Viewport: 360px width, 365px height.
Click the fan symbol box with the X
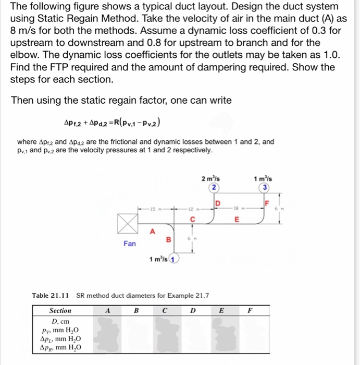point(126,223)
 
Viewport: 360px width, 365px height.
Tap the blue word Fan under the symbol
point(130,243)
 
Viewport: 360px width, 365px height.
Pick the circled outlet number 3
point(266,188)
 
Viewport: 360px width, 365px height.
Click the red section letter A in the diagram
point(152,231)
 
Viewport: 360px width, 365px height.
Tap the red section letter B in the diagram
point(168,239)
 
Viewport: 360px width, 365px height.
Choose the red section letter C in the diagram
point(192,220)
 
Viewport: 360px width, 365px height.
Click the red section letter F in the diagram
point(268,202)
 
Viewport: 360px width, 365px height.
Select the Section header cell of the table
point(60,311)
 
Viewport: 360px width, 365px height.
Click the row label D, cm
point(60,321)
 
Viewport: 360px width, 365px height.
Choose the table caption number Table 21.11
point(52,296)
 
